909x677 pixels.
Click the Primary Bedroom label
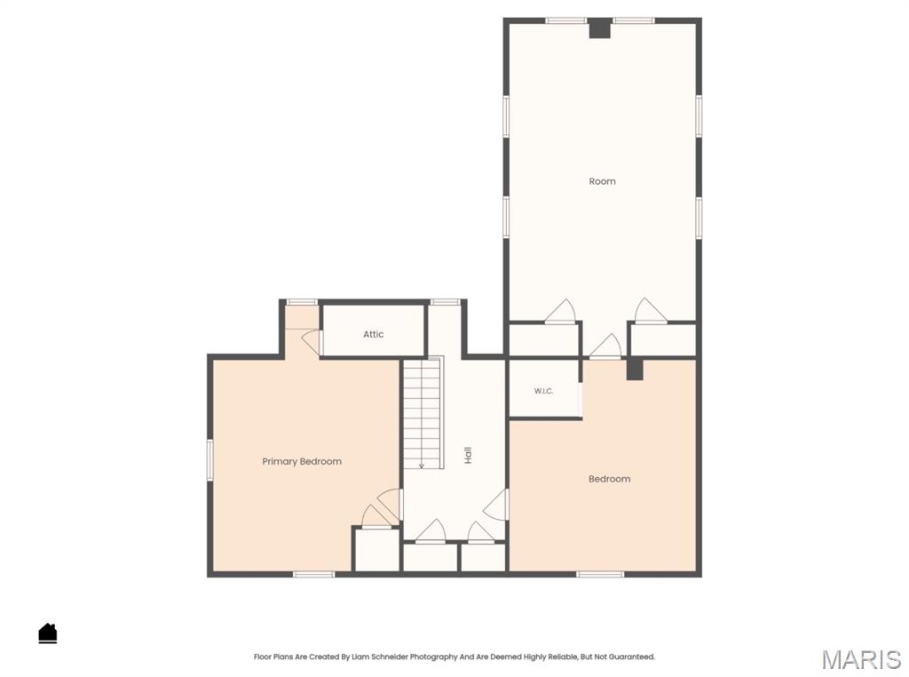click(x=302, y=462)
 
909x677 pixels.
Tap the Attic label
click(x=374, y=334)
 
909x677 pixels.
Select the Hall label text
click(x=468, y=455)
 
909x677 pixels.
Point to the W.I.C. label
click(x=543, y=391)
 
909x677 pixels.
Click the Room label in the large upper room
click(x=603, y=181)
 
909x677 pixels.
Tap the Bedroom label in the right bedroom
click(x=609, y=479)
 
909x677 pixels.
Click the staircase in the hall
click(x=423, y=413)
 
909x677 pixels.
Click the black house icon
click(x=48, y=633)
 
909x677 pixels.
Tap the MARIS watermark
click(x=861, y=660)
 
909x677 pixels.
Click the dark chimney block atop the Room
click(x=600, y=28)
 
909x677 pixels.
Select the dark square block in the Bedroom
click(x=635, y=369)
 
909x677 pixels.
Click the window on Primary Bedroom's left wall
click(x=210, y=459)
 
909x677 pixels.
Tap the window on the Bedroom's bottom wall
click(x=600, y=574)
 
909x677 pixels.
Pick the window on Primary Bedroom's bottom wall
click(x=313, y=574)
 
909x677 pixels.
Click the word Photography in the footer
click(x=433, y=657)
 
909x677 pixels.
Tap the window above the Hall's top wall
click(x=446, y=302)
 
